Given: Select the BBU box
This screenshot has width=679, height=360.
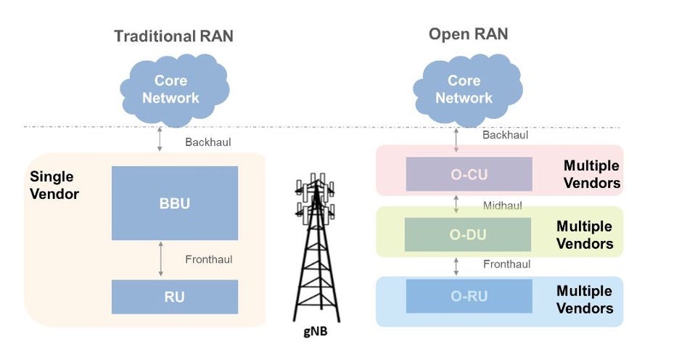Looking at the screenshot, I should [x=175, y=203].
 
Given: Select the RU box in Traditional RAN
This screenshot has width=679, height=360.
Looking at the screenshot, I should [x=175, y=297].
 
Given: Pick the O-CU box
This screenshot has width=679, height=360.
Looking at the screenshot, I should [x=469, y=174].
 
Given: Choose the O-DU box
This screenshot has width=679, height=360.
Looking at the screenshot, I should [x=469, y=234].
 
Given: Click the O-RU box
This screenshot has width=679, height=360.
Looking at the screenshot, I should [x=469, y=296].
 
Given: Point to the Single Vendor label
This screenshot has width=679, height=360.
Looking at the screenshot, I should [x=54, y=186].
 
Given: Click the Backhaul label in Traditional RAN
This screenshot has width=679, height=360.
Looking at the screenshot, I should [x=207, y=142].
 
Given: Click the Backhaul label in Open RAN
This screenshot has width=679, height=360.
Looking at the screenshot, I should [x=505, y=134].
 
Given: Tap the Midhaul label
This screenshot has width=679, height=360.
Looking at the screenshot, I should [x=502, y=205].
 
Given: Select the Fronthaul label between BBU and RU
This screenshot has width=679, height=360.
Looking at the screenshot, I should [x=209, y=259].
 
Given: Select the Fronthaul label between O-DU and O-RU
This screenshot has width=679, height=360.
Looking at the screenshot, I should [x=506, y=265].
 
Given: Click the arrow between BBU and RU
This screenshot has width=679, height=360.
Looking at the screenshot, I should [x=161, y=260].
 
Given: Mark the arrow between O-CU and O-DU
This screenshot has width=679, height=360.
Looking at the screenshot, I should [x=456, y=202].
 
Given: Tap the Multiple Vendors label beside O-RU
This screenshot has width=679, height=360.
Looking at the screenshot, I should [x=585, y=300].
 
